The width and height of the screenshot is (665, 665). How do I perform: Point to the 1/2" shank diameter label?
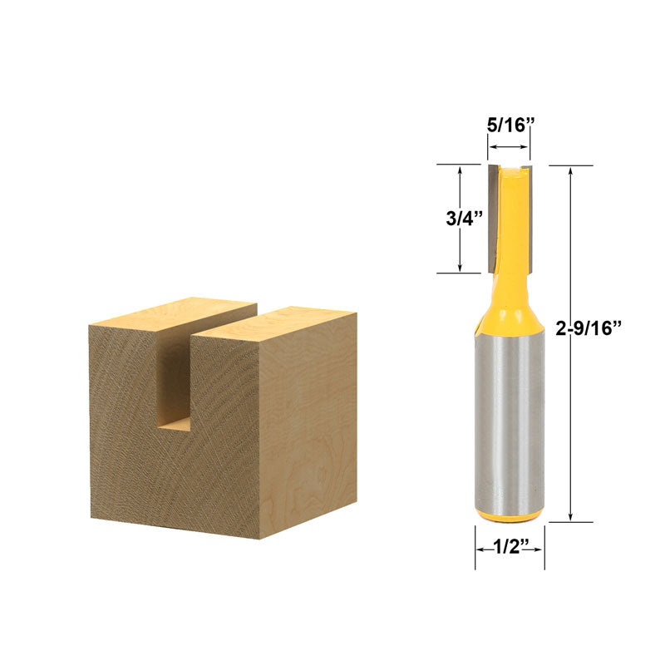click(510, 549)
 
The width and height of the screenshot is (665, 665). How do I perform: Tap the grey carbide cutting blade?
click(492, 216)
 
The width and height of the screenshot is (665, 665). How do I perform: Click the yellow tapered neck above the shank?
click(510, 308)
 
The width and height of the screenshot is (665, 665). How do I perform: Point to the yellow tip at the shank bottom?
click(510, 516)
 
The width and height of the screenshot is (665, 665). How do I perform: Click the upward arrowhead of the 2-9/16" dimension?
click(570, 171)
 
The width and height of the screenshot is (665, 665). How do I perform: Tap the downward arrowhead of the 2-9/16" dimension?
click(570, 516)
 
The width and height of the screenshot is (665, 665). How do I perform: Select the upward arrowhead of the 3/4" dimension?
click(461, 170)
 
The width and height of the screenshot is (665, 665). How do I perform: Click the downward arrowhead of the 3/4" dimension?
click(461, 267)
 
